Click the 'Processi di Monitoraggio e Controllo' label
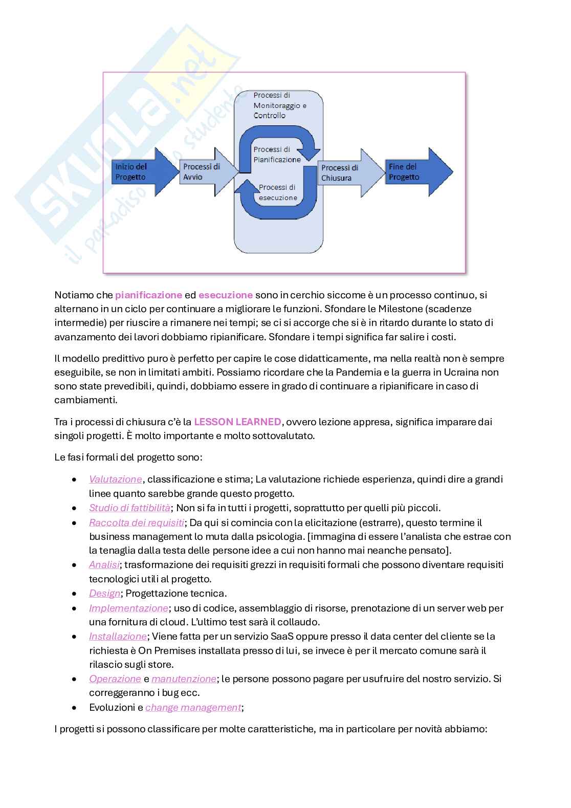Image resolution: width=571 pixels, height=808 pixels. tap(279, 105)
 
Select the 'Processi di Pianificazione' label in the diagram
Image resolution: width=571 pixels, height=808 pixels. tap(277, 155)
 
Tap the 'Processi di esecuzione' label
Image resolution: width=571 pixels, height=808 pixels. tap(277, 192)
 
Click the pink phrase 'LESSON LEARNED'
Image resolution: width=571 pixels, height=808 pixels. tap(237, 422)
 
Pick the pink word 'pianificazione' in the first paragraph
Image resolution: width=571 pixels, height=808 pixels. tap(148, 295)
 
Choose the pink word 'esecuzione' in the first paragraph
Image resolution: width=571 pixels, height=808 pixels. tap(225, 295)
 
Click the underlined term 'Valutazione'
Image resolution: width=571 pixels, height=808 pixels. tap(116, 479)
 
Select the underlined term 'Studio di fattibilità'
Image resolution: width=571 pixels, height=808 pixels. tap(129, 508)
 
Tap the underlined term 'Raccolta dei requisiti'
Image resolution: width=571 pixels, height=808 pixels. tap(137, 522)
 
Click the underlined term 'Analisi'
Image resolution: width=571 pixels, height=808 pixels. tap(104, 565)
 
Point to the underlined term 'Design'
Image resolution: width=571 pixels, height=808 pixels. tap(105, 594)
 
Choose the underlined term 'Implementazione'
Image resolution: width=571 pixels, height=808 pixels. tap(128, 608)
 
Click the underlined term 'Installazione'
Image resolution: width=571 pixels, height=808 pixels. tap(118, 637)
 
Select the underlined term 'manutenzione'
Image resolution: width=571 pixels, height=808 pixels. tap(184, 679)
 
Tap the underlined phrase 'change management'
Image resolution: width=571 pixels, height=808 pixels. tap(193, 708)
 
